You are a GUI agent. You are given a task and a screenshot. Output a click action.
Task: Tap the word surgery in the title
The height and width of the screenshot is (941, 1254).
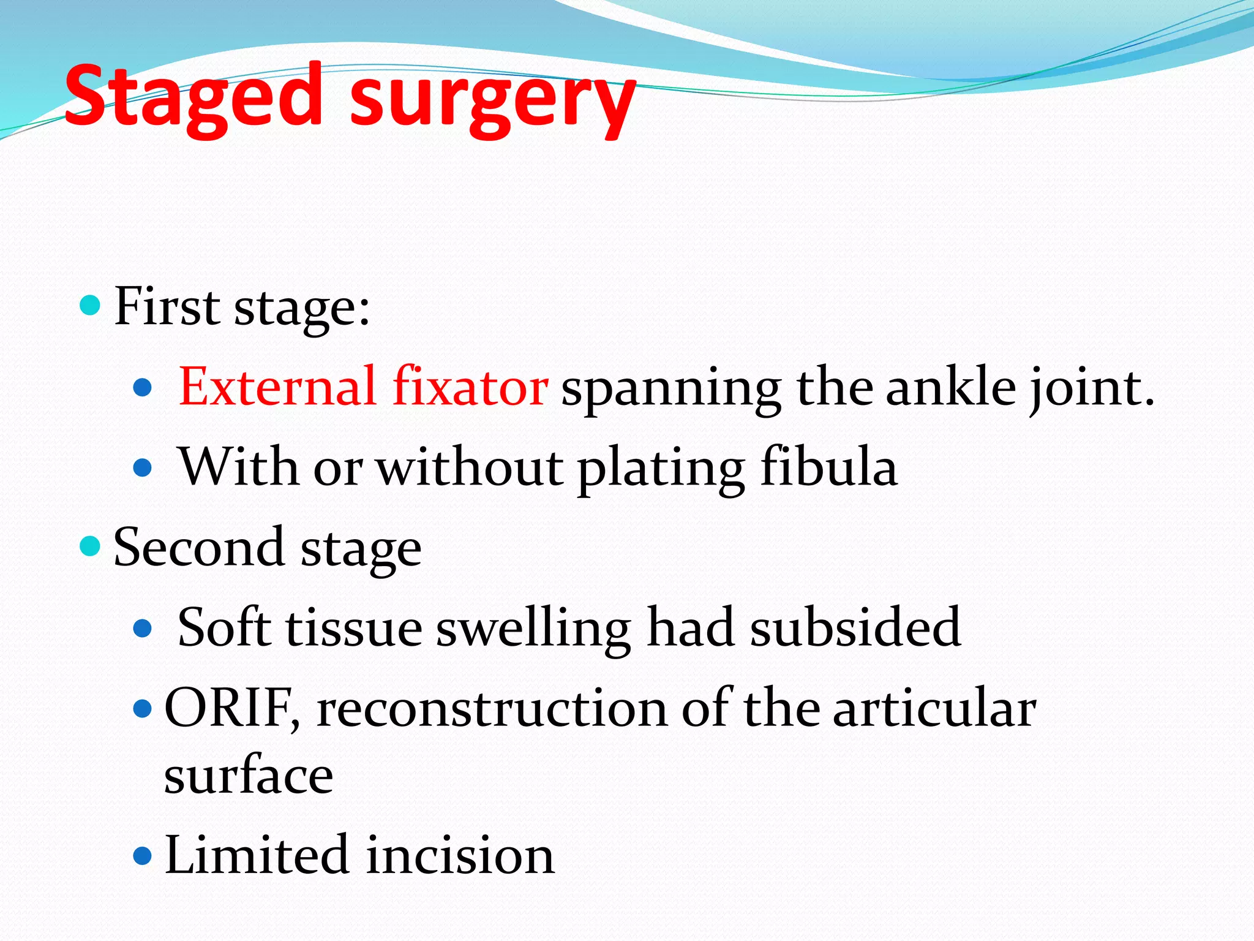coord(493,101)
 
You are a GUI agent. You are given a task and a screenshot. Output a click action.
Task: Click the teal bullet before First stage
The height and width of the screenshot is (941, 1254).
coord(90,304)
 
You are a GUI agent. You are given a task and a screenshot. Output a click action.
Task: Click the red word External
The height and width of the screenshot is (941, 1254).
coord(277,387)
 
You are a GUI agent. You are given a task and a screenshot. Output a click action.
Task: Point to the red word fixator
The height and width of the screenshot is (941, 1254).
coord(470,387)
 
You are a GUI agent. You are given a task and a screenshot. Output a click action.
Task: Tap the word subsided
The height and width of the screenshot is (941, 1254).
coord(855,627)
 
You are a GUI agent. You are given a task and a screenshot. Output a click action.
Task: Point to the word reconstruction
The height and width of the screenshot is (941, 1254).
coord(491,709)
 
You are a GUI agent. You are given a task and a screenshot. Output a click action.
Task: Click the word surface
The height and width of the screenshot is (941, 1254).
coord(248,776)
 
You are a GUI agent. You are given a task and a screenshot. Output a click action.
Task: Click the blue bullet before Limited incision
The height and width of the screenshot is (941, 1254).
coord(141,855)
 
